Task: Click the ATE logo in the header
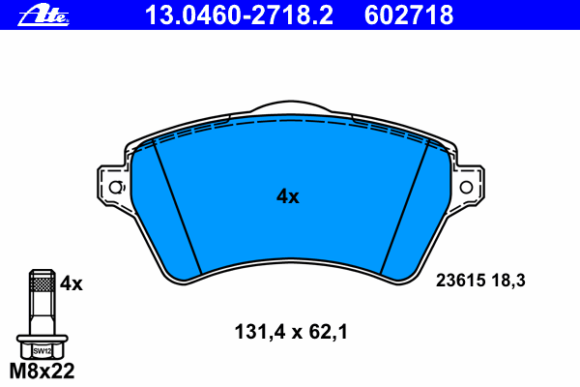pos(43,16)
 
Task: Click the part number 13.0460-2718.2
pos(239,15)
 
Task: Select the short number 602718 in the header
pos(409,15)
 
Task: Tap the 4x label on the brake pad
pos(288,196)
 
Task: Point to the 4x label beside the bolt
pos(72,283)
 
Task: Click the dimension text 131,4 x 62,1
pos(291,332)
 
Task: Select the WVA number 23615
pos(460,281)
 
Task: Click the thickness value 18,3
pos(508,281)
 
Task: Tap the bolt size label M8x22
pos(42,371)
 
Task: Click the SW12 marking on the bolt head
pos(43,350)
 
